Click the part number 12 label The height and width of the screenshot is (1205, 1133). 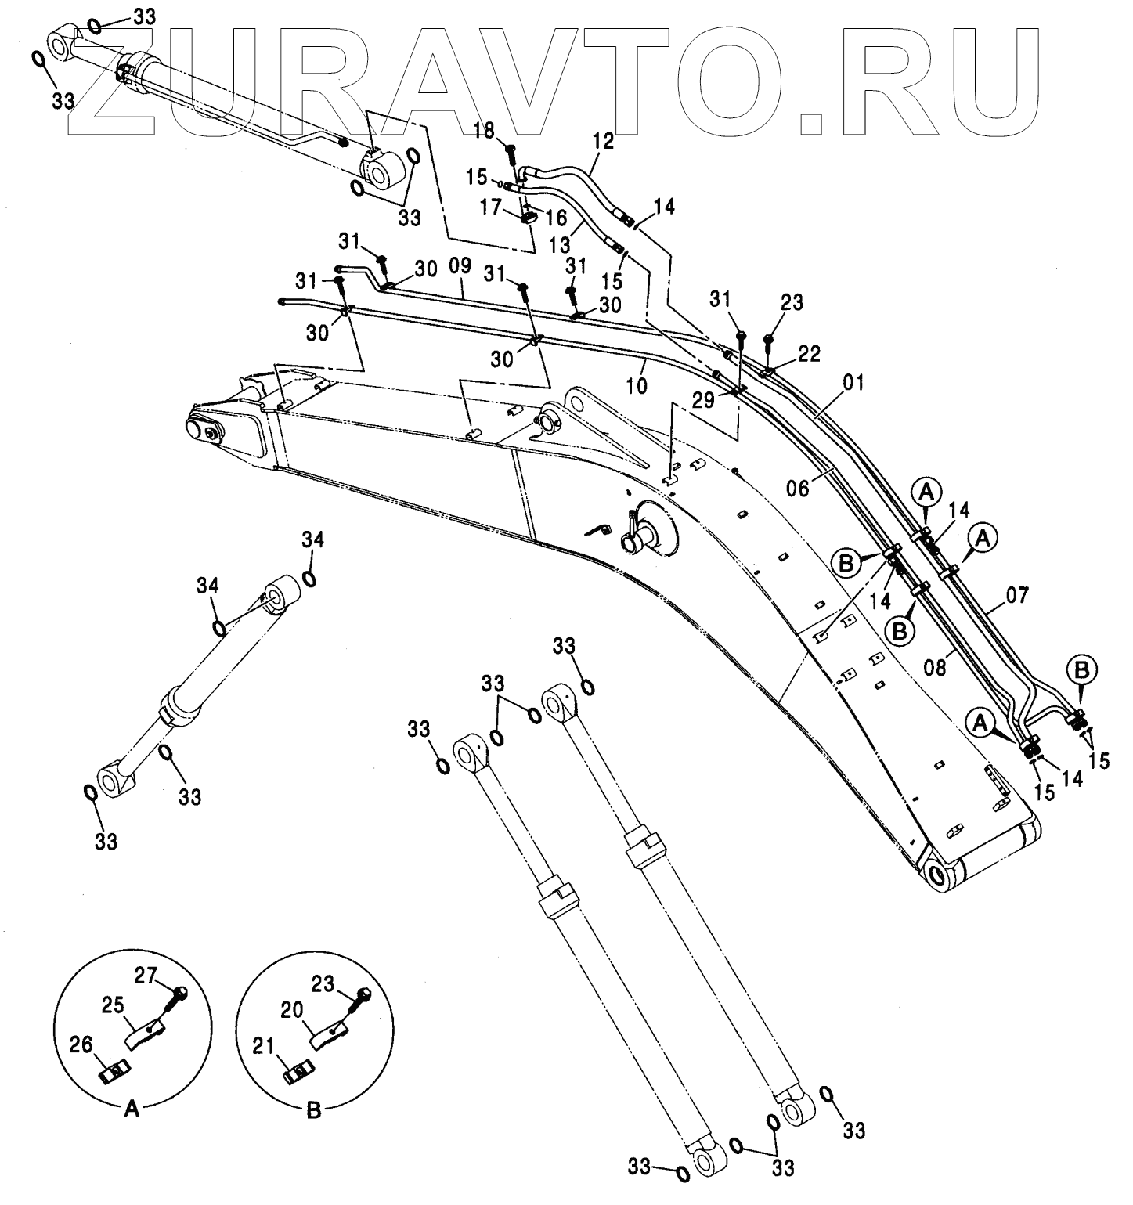(603, 142)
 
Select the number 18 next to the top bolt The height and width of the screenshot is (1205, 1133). (485, 130)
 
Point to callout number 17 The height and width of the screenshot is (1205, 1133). (490, 207)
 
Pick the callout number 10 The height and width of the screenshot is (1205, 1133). (637, 386)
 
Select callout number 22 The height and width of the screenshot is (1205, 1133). (810, 354)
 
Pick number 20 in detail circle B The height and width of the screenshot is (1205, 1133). (292, 1011)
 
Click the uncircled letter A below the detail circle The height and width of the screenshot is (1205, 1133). (132, 1109)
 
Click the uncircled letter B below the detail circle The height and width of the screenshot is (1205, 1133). (313, 1109)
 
